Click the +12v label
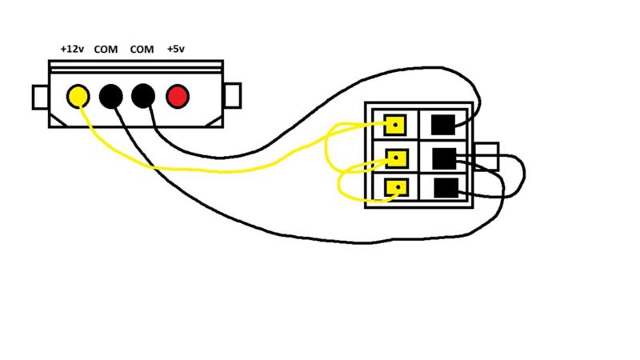point(72,49)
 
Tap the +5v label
point(175,49)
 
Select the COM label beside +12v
point(106,50)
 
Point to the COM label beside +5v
point(142,50)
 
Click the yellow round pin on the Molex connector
point(78,96)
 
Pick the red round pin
point(178,97)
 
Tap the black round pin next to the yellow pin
point(111,97)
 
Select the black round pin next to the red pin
point(143,96)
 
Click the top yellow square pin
point(395,125)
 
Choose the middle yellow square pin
point(396,158)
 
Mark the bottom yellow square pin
point(396,188)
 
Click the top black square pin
point(443,125)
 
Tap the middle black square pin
point(444,158)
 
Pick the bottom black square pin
point(446,188)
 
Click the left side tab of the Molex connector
point(41,97)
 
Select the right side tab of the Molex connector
point(233,95)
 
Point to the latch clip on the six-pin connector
point(486,156)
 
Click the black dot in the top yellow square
point(395,125)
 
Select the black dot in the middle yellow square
point(397,158)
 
